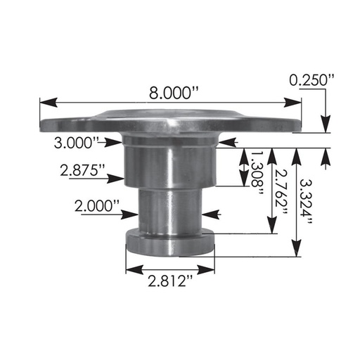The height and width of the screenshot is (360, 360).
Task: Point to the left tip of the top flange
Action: (x=42, y=124)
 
